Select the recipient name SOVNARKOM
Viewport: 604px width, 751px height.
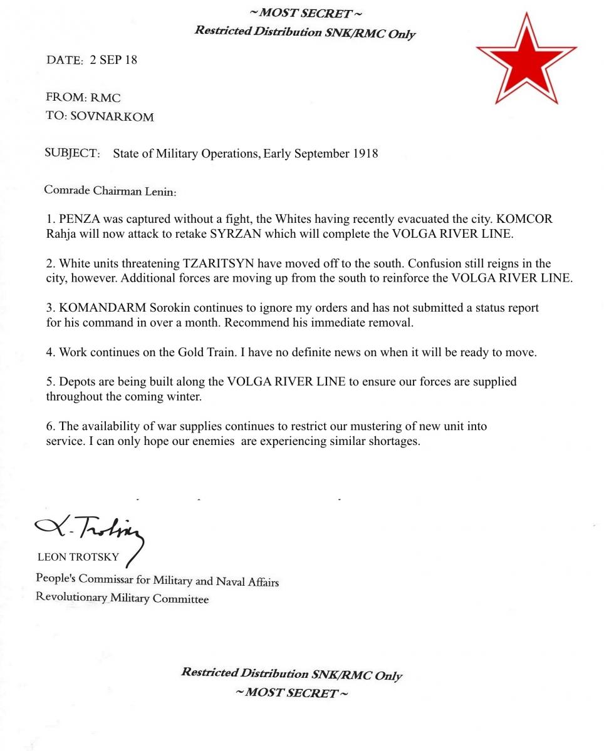[112, 116]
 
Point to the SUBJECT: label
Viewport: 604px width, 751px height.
[72, 153]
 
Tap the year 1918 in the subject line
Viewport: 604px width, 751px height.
[365, 153]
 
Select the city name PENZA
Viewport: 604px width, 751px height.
[78, 220]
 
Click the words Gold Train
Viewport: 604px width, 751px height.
[206, 352]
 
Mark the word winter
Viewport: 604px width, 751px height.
[184, 396]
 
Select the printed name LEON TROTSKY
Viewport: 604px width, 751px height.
[78, 557]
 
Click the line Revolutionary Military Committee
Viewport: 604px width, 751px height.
[122, 598]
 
